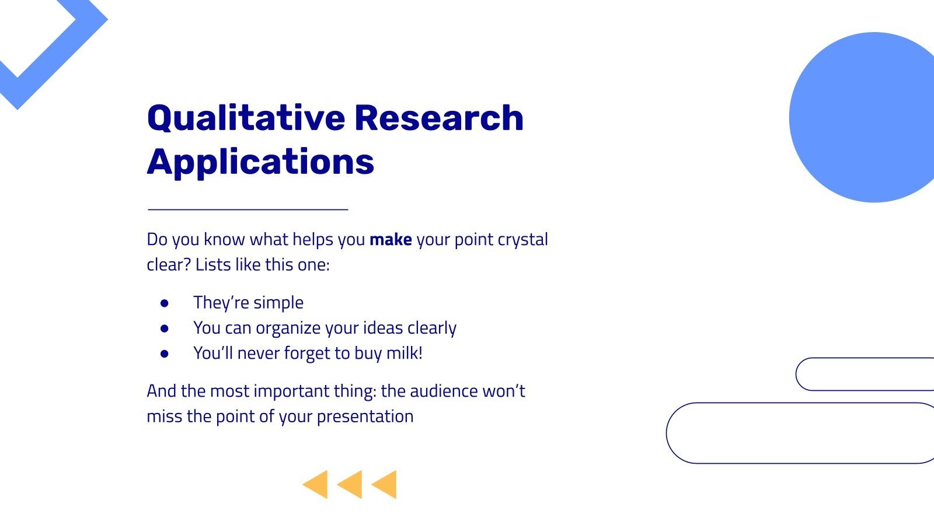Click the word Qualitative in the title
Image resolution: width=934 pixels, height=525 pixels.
coord(245,118)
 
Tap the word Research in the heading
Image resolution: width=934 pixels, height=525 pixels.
coord(438,118)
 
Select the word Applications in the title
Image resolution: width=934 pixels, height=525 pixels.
coord(260,162)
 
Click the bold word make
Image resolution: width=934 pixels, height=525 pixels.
coord(391,240)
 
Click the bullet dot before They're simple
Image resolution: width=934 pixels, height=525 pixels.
coord(165,303)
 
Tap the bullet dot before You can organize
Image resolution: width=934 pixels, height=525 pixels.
coord(165,328)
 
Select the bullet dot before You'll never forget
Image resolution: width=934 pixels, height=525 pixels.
coord(165,353)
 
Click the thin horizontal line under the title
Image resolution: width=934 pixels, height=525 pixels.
coord(248,209)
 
